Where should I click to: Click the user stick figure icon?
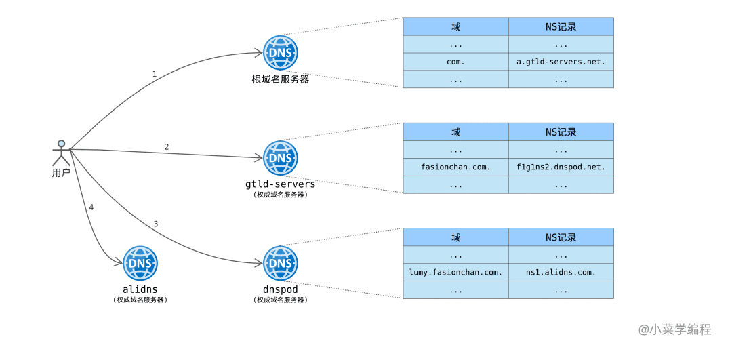61,153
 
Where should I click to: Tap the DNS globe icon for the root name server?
280,52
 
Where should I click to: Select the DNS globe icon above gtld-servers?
280,157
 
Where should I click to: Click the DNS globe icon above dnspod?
280,262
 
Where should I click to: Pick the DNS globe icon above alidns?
140,262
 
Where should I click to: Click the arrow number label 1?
155,74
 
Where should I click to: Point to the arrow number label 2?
167,146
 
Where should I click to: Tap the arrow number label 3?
156,224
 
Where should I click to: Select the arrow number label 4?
91,207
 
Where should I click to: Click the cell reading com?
455,62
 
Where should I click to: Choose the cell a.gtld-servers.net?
561,62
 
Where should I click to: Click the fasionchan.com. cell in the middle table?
455,167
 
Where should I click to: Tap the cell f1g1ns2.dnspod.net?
561,167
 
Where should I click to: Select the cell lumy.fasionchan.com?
455,272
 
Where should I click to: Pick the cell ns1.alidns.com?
561,272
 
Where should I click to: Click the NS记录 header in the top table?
561,26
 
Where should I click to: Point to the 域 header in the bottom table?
455,237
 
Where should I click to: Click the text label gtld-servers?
280,184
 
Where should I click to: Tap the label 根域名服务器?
280,79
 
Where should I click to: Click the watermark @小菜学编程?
674,329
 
